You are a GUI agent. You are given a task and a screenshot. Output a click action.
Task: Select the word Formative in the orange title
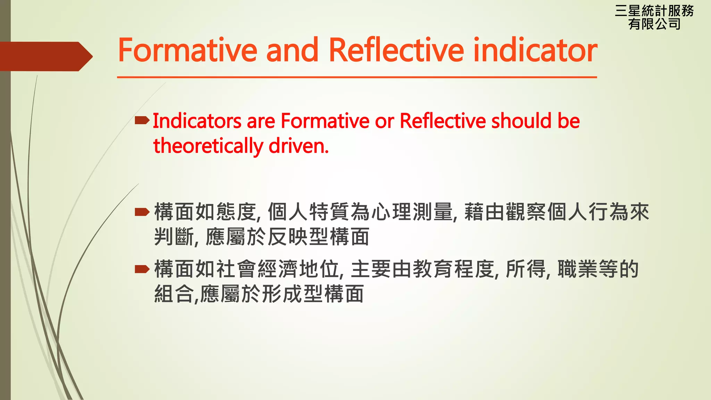pos(187,51)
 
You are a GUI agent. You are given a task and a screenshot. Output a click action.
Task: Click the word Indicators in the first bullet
pos(197,121)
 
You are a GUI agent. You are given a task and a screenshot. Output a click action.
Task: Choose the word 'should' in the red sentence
pos(521,121)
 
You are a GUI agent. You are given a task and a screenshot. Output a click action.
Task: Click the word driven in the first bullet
pos(298,146)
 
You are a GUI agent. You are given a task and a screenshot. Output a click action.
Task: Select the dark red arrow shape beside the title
pos(45,56)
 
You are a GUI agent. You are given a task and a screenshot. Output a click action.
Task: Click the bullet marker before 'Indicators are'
pos(142,120)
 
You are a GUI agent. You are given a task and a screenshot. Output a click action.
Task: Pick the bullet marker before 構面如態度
pos(142,212)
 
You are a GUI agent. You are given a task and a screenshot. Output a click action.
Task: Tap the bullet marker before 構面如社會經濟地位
pos(142,269)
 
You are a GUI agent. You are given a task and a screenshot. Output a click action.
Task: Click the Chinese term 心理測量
pos(412,212)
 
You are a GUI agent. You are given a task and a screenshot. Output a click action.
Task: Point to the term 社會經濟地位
pos(278,269)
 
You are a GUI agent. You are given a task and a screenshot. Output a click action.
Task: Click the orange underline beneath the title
pos(357,77)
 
